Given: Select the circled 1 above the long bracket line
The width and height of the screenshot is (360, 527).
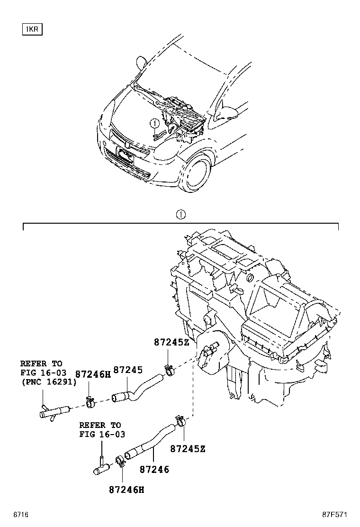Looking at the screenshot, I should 180,215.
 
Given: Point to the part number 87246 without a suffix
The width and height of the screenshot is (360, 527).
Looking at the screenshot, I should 154,470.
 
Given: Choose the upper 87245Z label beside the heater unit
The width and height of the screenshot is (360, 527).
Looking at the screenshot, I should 171,342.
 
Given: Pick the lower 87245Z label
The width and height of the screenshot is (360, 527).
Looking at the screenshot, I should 188,448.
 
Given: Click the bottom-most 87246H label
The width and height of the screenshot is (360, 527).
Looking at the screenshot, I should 126,489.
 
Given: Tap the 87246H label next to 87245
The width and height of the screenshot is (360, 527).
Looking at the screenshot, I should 93,374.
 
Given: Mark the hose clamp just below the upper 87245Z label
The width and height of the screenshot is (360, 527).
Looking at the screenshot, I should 168,367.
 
